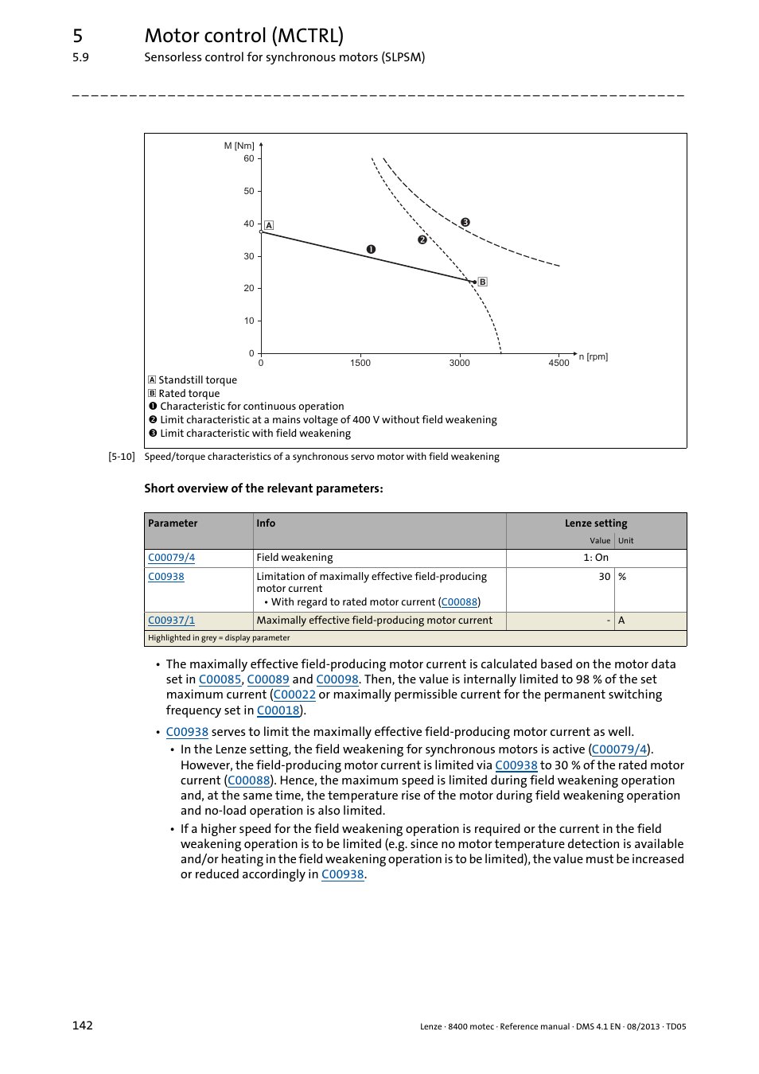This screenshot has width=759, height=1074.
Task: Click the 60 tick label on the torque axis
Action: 249,159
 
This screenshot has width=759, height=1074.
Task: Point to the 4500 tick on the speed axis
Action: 559,363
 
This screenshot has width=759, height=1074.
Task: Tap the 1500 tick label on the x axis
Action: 360,363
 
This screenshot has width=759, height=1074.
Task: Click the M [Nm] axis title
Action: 239,146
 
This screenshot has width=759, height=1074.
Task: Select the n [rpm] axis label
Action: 594,356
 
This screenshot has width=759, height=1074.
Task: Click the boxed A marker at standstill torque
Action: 269,225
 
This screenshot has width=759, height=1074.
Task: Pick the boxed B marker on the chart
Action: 482,282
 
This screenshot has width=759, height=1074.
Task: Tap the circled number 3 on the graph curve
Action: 465,223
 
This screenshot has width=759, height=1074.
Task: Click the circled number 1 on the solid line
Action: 371,249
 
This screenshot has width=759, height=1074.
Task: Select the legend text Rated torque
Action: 189,394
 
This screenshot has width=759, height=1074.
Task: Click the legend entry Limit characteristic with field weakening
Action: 255,434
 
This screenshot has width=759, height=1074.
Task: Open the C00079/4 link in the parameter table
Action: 171,558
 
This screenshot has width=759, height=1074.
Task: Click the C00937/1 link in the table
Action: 171,621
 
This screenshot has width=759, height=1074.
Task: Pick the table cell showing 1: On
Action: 595,558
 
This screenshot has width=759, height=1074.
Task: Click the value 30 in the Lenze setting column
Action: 605,577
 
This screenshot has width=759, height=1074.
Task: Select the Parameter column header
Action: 173,523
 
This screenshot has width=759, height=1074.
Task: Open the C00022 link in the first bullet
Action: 294,695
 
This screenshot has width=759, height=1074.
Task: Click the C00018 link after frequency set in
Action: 278,710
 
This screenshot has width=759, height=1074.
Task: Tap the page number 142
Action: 83,1025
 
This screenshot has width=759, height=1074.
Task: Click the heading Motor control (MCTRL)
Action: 244,36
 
